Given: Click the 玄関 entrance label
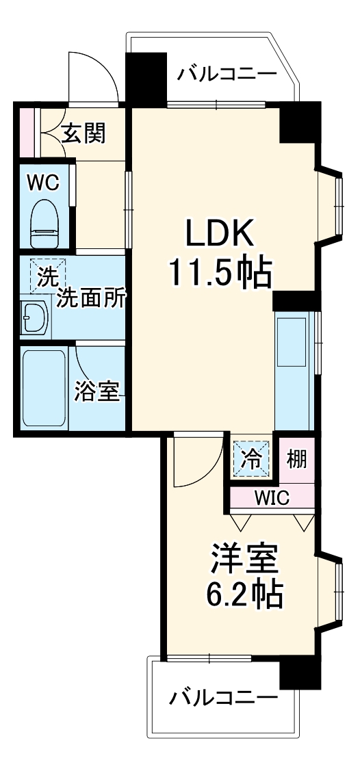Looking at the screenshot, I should [83, 133].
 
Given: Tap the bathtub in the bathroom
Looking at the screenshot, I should [44, 388].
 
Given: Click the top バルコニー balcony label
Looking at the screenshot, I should [227, 74].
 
